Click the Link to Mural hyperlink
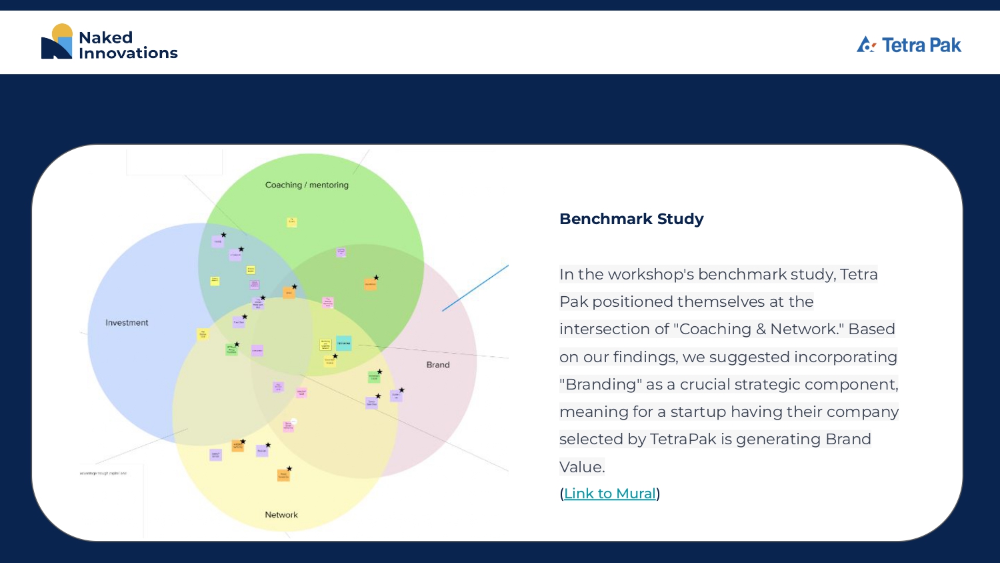(x=610, y=494)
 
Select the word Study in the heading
(x=680, y=219)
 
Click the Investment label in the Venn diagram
(x=127, y=323)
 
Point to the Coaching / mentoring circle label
(x=307, y=185)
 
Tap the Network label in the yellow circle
(x=281, y=515)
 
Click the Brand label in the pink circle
(x=438, y=365)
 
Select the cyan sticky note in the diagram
(x=343, y=344)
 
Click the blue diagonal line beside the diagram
(x=475, y=288)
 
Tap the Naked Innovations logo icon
(x=57, y=42)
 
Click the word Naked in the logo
(x=105, y=37)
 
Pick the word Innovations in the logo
(x=128, y=53)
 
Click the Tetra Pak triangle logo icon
(x=865, y=45)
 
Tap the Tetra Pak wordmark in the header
(x=921, y=45)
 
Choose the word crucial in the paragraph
(x=705, y=385)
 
